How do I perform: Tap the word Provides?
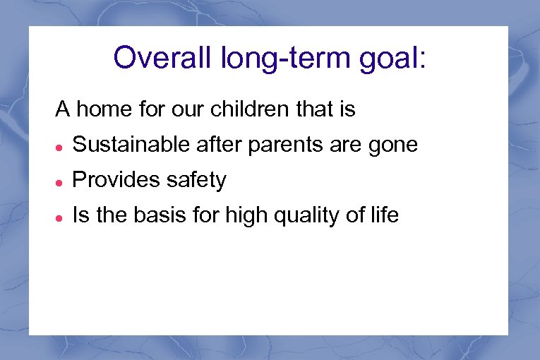(x=116, y=181)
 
